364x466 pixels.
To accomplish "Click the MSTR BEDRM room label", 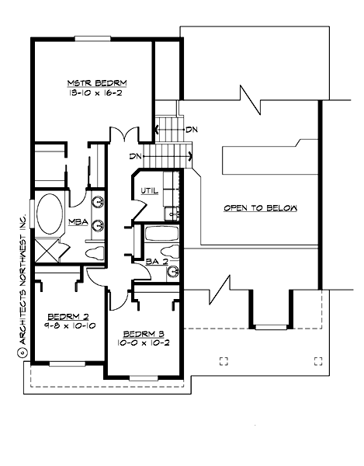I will click(97, 83).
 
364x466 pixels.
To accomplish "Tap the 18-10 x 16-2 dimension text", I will click(97, 92).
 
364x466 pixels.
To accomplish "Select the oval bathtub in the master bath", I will click(50, 214).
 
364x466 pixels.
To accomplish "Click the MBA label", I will click(77, 222).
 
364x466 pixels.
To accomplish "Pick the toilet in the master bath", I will click(92, 251).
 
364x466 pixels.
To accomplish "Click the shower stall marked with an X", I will click(48, 251).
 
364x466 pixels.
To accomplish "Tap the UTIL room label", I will click(150, 191).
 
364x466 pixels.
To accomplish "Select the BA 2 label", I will click(158, 263).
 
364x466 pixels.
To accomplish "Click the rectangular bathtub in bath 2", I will click(161, 235).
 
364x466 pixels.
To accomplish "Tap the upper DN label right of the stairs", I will click(191, 129).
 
